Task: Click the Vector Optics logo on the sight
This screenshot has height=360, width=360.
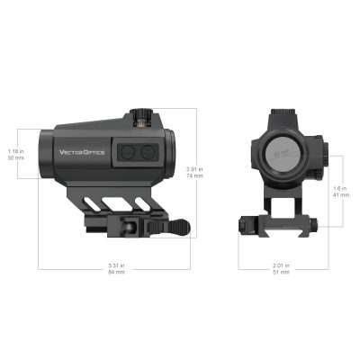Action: point(83,152)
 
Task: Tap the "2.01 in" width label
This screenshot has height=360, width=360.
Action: point(281,265)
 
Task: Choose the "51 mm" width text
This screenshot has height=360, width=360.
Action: point(281,272)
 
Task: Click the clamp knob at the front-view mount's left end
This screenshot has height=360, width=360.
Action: point(246,224)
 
